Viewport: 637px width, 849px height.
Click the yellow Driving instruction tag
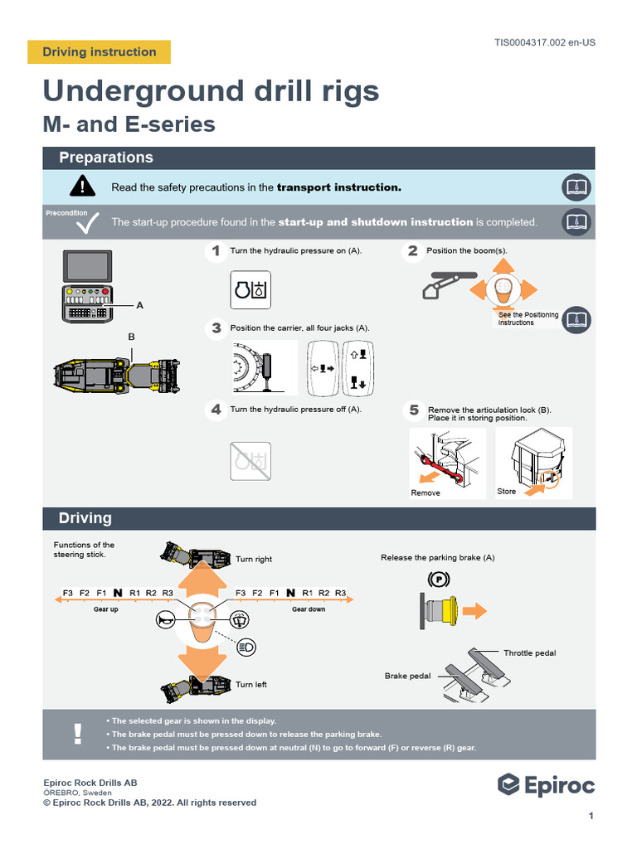[x=99, y=52]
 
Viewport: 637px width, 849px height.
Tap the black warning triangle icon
[x=82, y=187]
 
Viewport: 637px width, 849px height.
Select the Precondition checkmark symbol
[x=87, y=223]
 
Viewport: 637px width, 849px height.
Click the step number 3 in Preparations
[x=216, y=328]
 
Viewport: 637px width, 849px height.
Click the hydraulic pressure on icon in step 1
[x=250, y=290]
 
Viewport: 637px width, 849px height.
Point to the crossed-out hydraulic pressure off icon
[x=250, y=461]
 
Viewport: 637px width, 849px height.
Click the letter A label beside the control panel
[x=139, y=305]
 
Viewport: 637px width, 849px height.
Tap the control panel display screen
[x=87, y=267]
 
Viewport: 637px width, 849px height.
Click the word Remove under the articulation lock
[x=425, y=493]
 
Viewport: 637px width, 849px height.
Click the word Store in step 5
[x=506, y=492]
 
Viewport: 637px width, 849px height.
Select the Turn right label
[x=253, y=560]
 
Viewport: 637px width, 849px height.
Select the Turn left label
[x=250, y=685]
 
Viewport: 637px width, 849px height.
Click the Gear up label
[x=105, y=609]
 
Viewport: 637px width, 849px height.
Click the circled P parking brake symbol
[x=439, y=578]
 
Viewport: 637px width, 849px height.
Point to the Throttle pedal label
[x=529, y=653]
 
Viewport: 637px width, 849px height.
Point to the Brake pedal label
[x=407, y=677]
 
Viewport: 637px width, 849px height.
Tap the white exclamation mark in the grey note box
[x=78, y=734]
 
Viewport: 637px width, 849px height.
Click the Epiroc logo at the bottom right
[x=546, y=784]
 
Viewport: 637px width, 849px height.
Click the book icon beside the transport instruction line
[x=576, y=187]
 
